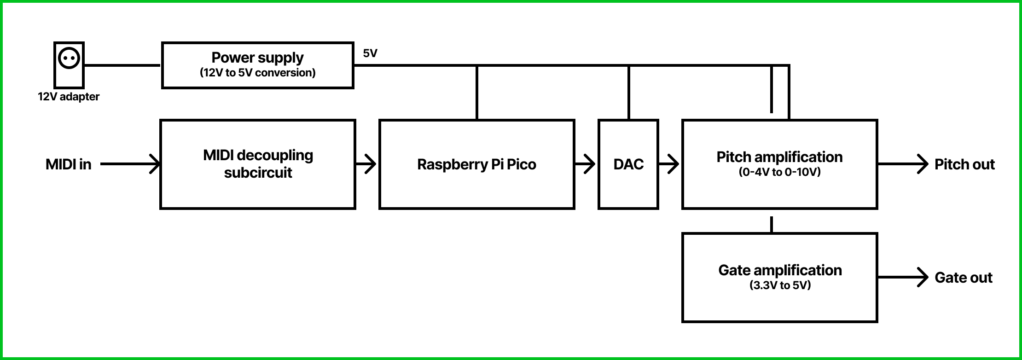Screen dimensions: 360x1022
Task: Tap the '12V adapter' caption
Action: tap(69, 97)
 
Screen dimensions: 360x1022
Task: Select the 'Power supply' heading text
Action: tap(257, 58)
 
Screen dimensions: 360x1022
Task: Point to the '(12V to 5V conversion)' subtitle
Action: tap(257, 73)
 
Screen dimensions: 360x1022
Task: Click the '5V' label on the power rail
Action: tap(370, 53)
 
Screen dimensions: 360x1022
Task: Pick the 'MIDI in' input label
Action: tap(68, 164)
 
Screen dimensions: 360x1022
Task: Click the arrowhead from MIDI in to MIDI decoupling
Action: tap(155, 164)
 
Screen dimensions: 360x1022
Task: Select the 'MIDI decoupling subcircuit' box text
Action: tap(258, 164)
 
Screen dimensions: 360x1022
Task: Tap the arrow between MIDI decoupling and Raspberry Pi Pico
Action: tap(367, 164)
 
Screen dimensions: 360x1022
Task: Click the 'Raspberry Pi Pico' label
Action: tap(476, 164)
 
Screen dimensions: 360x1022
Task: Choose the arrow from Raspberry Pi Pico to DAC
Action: tap(586, 164)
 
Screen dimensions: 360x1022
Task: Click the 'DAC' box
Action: tap(628, 164)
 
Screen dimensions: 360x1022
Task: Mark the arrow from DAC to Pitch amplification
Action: tap(670, 164)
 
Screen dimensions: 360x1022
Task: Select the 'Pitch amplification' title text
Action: tap(779, 157)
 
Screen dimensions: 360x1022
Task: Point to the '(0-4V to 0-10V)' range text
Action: tap(779, 172)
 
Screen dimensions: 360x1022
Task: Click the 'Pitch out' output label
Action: tap(964, 164)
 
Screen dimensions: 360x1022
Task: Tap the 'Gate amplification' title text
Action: tap(780, 270)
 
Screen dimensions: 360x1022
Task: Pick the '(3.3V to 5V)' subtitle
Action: tap(780, 285)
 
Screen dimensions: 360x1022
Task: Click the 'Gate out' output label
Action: tap(964, 278)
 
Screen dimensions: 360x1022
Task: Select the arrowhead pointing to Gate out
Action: tap(922, 278)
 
